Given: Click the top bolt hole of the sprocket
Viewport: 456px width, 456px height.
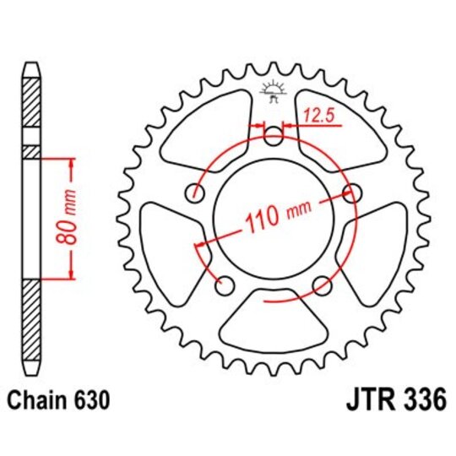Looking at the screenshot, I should pyautogui.click(x=273, y=137).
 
